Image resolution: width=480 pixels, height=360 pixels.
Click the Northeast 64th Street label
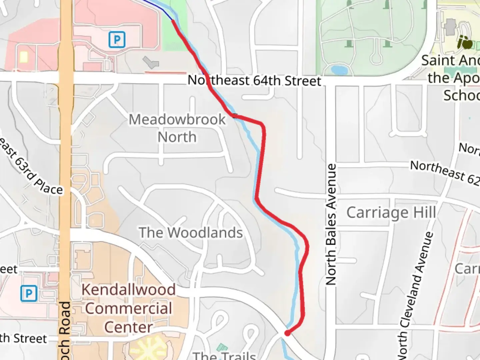[x=254, y=81]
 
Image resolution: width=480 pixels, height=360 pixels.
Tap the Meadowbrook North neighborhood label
[x=177, y=128]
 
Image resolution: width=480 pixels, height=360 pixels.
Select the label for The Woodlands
[x=191, y=233]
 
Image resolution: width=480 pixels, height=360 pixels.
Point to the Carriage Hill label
[x=391, y=213]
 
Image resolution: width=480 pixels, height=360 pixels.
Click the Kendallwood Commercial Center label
[x=129, y=308]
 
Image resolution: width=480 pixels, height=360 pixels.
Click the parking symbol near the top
[x=117, y=40]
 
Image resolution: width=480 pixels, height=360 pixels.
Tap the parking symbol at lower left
[x=29, y=294]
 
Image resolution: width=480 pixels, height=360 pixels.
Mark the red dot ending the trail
[x=287, y=333]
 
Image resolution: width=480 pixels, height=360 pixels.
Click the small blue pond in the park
[x=338, y=70]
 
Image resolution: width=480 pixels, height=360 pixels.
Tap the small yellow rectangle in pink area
[x=23, y=57]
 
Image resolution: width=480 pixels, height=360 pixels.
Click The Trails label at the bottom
[x=224, y=355]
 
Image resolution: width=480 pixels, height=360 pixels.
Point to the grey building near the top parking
[x=151, y=62]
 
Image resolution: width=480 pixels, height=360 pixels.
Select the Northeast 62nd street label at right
[x=445, y=172]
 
